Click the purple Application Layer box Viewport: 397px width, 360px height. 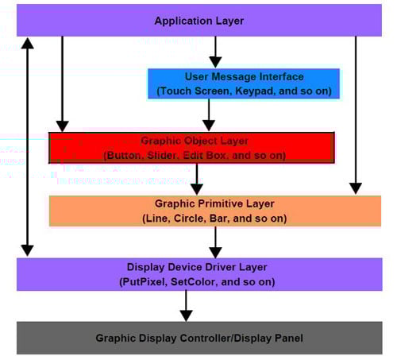198,20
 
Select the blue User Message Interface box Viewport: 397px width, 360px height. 244,83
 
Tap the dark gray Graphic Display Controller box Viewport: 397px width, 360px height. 198,338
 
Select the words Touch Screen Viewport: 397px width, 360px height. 193,91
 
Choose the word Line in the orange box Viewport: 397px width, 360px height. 156,218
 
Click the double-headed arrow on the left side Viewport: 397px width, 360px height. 28,147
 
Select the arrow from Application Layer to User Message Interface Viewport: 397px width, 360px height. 213,52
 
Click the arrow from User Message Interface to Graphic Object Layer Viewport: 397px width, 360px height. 208,115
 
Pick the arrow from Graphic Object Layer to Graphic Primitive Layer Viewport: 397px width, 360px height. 196,179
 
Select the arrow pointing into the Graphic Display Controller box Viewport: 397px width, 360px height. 186,305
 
